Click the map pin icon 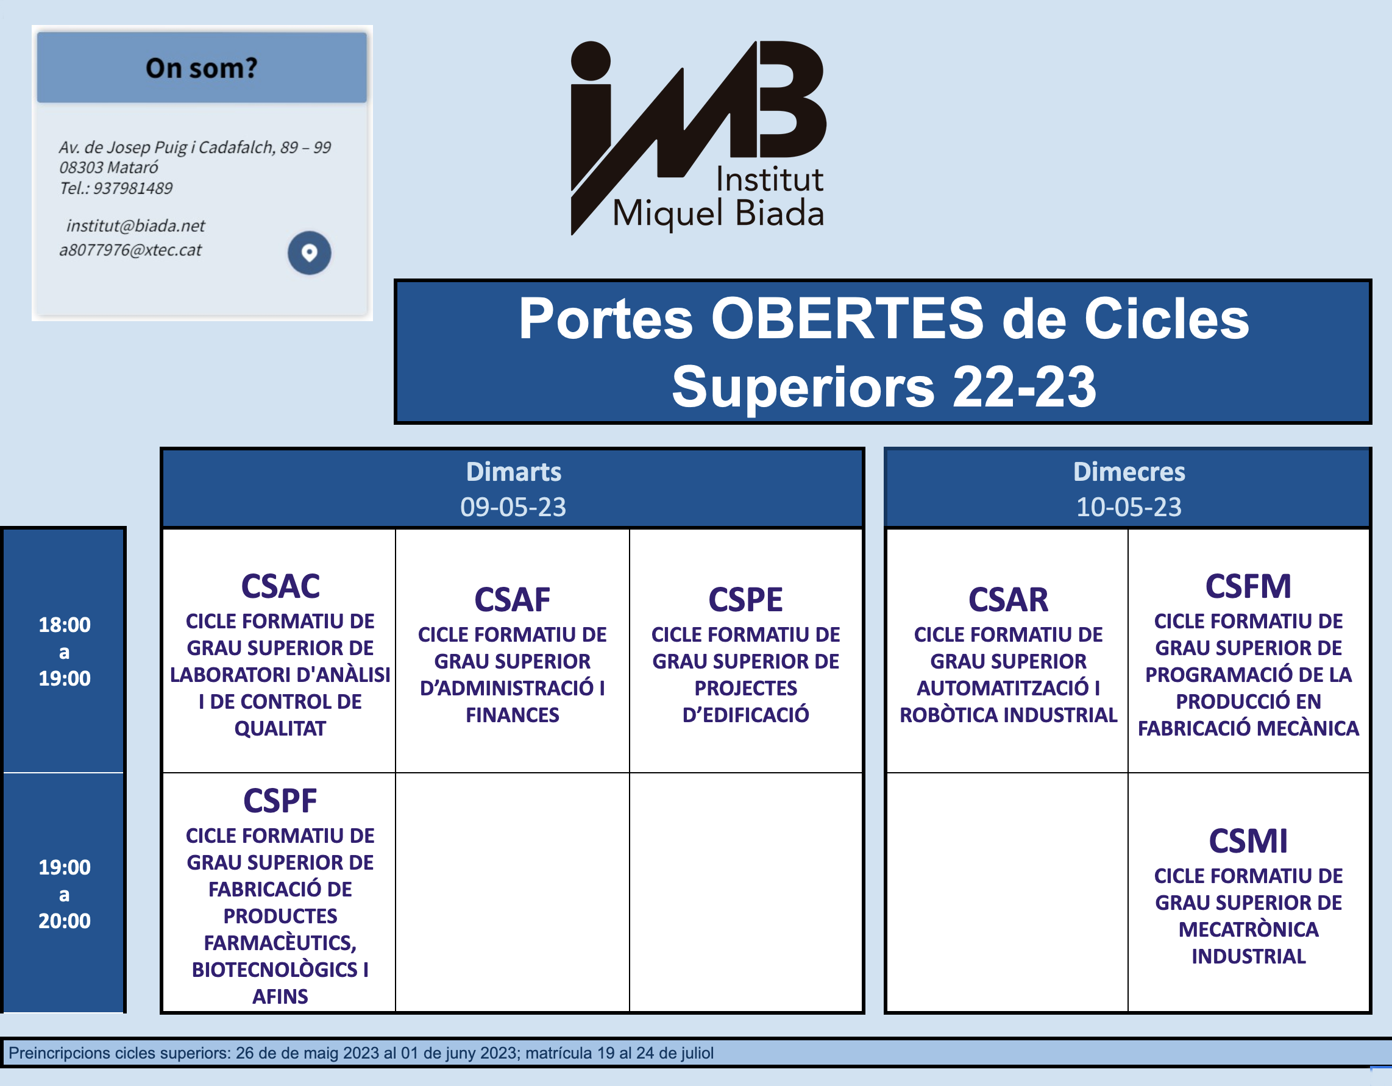click(x=309, y=253)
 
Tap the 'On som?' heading click(x=201, y=68)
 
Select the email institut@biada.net click(x=135, y=225)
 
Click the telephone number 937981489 click(x=133, y=188)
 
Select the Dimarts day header click(x=513, y=472)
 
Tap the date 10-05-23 click(x=1129, y=506)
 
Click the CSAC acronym click(x=280, y=586)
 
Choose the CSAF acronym click(x=513, y=600)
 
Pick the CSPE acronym click(x=746, y=600)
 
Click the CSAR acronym click(x=1008, y=600)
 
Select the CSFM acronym click(x=1249, y=586)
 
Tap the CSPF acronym click(x=280, y=801)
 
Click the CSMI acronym click(x=1249, y=841)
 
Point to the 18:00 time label click(x=65, y=625)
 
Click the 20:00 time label click(x=65, y=921)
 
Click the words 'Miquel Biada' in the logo click(x=719, y=213)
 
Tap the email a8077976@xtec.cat click(x=130, y=250)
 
